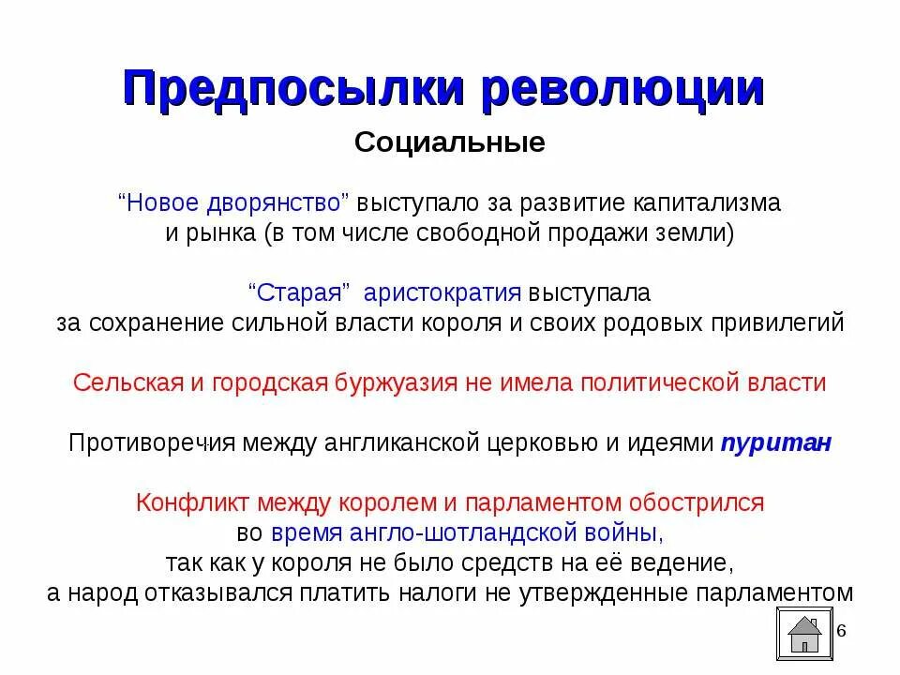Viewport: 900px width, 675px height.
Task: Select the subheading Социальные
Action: [x=450, y=144]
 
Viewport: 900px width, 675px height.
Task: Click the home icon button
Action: [x=804, y=633]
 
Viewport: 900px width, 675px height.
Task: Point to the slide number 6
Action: [x=841, y=630]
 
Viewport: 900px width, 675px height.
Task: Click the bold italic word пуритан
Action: [x=775, y=443]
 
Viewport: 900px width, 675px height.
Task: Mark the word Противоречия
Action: [x=150, y=443]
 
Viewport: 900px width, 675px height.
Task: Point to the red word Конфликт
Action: [x=185, y=502]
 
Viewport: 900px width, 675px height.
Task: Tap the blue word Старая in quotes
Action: [x=299, y=292]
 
